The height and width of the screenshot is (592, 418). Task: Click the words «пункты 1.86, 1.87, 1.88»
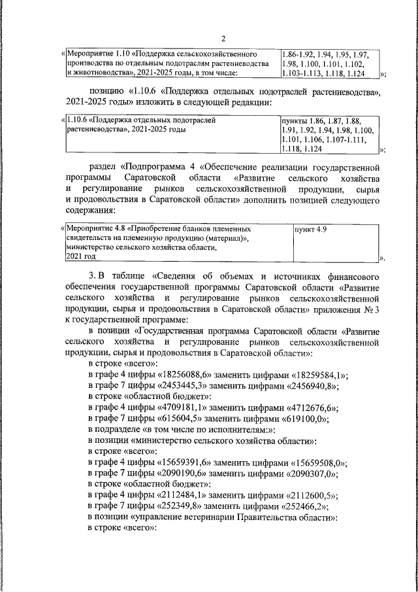320,121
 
